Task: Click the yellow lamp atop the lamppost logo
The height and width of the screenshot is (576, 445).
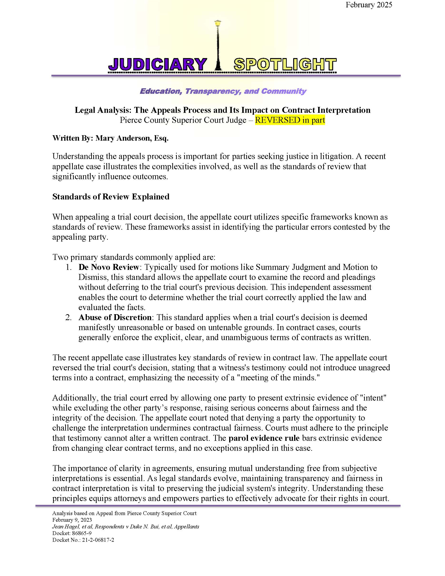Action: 218,24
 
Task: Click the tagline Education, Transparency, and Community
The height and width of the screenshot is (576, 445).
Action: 223,91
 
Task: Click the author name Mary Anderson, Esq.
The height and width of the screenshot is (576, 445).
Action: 132,138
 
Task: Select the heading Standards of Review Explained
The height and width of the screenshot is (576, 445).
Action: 111,197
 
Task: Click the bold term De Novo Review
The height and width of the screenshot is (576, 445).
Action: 109,267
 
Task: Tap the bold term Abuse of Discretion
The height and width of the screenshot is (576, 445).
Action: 115,317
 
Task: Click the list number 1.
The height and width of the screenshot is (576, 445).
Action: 69,267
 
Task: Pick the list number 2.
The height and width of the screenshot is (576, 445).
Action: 69,317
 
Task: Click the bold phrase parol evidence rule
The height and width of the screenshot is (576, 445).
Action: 264,438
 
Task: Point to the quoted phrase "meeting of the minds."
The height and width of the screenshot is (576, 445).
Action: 277,378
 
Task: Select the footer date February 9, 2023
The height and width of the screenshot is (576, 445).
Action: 72,520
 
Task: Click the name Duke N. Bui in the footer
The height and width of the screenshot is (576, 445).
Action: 142,526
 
